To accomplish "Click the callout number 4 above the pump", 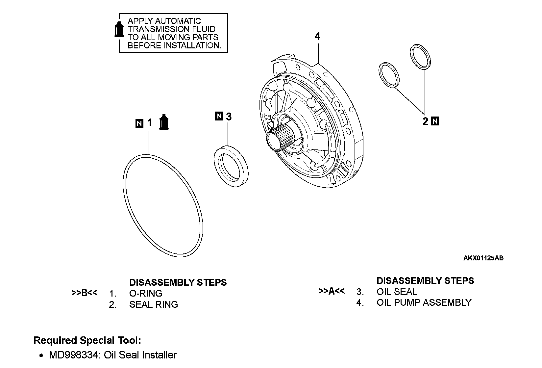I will click(x=317, y=37).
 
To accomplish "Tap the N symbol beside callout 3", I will click(x=219, y=116).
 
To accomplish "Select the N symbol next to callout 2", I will click(x=435, y=121).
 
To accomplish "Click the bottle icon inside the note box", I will click(x=119, y=29).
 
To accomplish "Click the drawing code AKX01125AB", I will click(x=483, y=258).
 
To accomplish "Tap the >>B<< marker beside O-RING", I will click(x=84, y=293).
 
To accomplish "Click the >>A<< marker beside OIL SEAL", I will click(x=332, y=291).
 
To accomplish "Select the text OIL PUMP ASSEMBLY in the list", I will click(x=424, y=302).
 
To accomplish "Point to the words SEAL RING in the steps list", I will click(x=153, y=304).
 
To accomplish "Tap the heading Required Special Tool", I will click(x=87, y=340).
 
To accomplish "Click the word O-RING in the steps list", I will click(x=146, y=293).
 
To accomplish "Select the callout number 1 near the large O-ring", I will click(x=150, y=123).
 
